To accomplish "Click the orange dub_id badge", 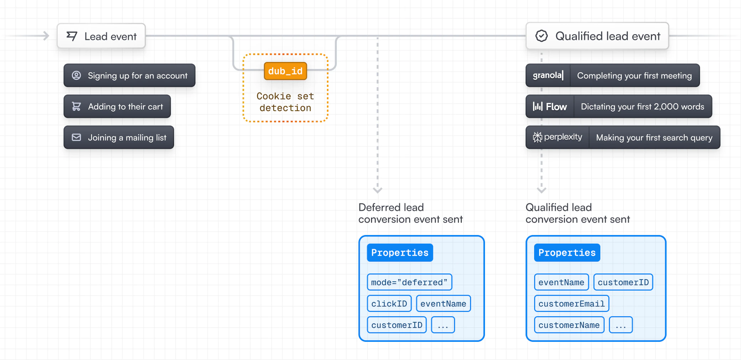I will click(x=285, y=71).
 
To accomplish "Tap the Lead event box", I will click(x=101, y=36).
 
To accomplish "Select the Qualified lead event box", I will click(x=597, y=36).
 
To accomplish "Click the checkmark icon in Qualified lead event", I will click(x=542, y=36).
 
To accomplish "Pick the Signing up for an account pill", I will click(x=129, y=75).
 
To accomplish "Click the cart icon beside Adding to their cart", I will click(x=76, y=106).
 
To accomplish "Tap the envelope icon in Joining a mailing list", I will click(x=76, y=137).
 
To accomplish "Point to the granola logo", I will click(x=548, y=75).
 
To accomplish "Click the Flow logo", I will click(x=550, y=106).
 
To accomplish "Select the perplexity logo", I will click(x=557, y=137).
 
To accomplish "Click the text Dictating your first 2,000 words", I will click(x=642, y=106).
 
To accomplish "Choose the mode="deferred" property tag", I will click(x=409, y=282).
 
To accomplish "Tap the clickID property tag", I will click(x=389, y=304).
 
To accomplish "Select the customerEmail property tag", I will click(x=572, y=304).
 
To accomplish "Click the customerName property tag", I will click(x=569, y=325).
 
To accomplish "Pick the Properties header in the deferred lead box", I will click(x=400, y=253).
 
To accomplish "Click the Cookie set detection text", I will click(x=285, y=102).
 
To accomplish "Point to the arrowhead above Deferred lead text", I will click(x=377, y=190).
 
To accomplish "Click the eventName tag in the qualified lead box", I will click(x=561, y=282).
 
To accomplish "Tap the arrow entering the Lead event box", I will click(x=45, y=36).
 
